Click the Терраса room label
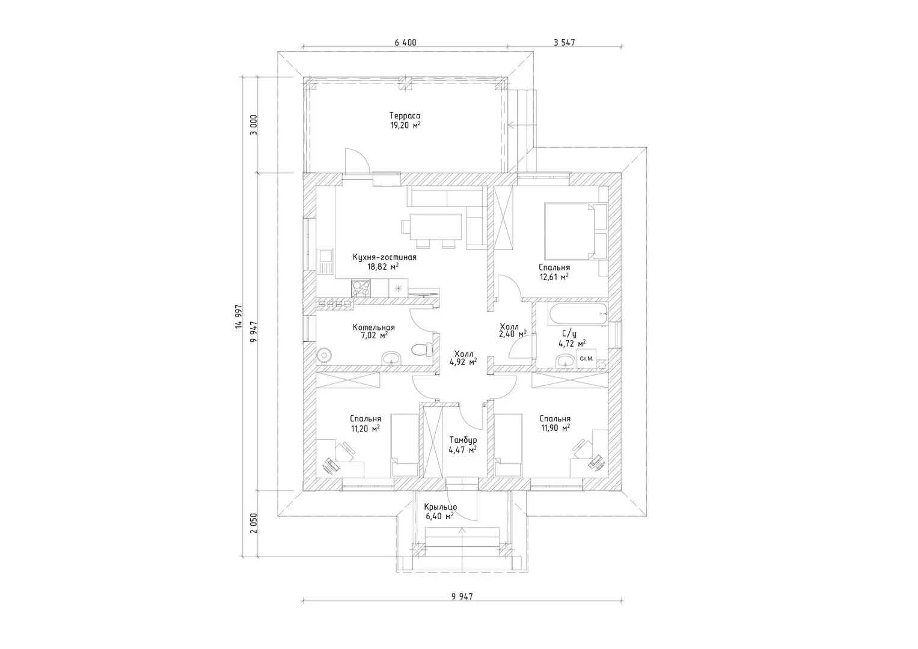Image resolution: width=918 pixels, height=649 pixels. pos(405,116)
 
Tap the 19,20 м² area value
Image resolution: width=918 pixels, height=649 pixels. pos(405,126)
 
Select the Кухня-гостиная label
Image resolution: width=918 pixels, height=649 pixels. pos(384,257)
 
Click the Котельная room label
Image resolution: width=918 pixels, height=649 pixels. pos(374,328)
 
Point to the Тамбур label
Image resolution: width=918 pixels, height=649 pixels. pos(463,440)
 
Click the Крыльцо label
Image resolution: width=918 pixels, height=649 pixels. pos(440,507)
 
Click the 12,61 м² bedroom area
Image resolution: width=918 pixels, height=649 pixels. pos(554,277)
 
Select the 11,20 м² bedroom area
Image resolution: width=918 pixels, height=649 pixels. pos(365,428)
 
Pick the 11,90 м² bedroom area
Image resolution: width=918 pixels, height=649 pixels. pos(555,428)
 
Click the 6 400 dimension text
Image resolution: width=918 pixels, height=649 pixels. pos(405,42)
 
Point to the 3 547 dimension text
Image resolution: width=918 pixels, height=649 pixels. pos(565,42)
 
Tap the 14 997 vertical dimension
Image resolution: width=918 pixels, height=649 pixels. pos(239,317)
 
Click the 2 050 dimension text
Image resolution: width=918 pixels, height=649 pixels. pos(254,523)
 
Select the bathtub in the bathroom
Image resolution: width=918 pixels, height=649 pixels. pos(578,314)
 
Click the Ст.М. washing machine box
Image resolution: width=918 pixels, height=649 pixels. pos(587,359)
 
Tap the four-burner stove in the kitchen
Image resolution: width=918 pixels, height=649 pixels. pos(74,288)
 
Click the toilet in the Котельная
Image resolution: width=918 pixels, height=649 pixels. pos(421,350)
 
